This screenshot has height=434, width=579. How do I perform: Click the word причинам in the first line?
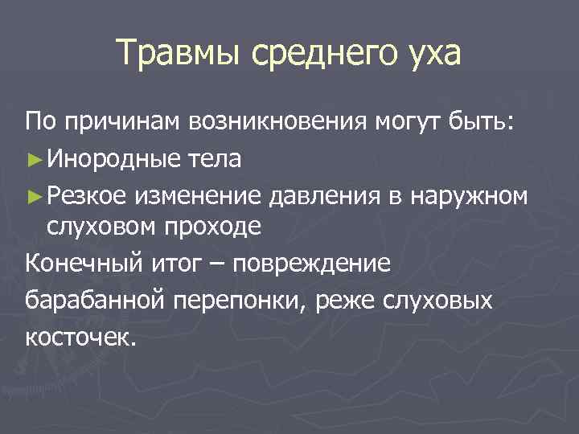117,122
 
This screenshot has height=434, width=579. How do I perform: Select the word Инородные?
105,159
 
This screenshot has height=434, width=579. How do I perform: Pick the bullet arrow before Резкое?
32,194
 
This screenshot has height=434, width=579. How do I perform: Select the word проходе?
213,227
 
